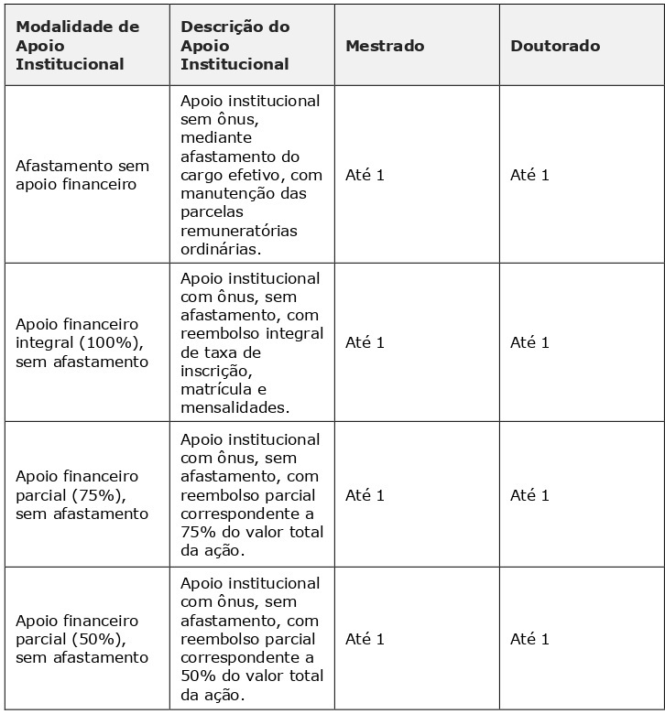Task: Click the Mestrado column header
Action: pos(385,46)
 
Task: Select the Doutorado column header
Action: pos(555,46)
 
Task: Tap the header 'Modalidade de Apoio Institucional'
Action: pos(78,46)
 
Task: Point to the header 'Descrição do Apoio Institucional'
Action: pos(234,46)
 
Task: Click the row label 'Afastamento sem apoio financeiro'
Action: pos(82,175)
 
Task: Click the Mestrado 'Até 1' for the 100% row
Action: pos(365,342)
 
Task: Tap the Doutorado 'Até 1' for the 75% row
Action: pos(529,495)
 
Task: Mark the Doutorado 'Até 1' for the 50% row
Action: pos(529,639)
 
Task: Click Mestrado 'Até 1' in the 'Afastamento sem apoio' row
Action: pos(365,175)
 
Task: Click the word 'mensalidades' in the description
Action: pos(233,408)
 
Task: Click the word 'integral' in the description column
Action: pos(299,333)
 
